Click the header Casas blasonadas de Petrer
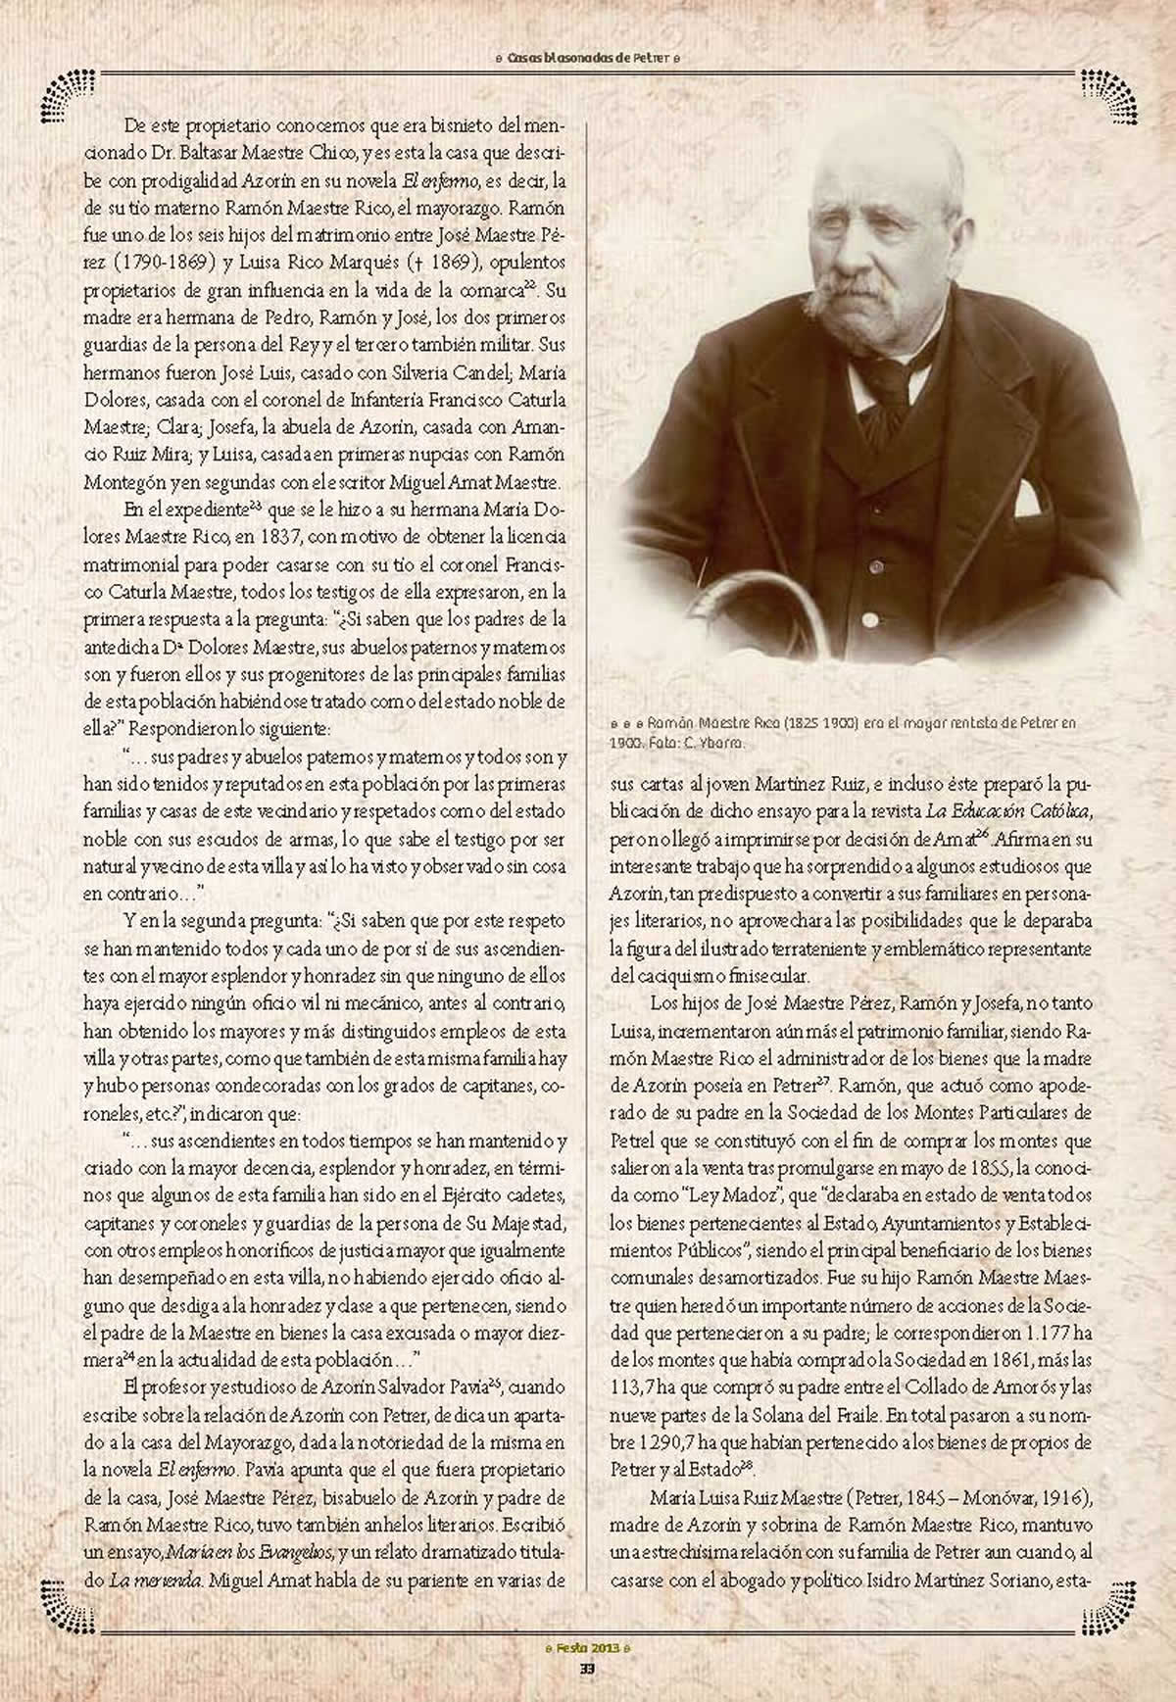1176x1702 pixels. coord(587,58)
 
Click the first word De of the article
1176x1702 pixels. coord(134,126)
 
